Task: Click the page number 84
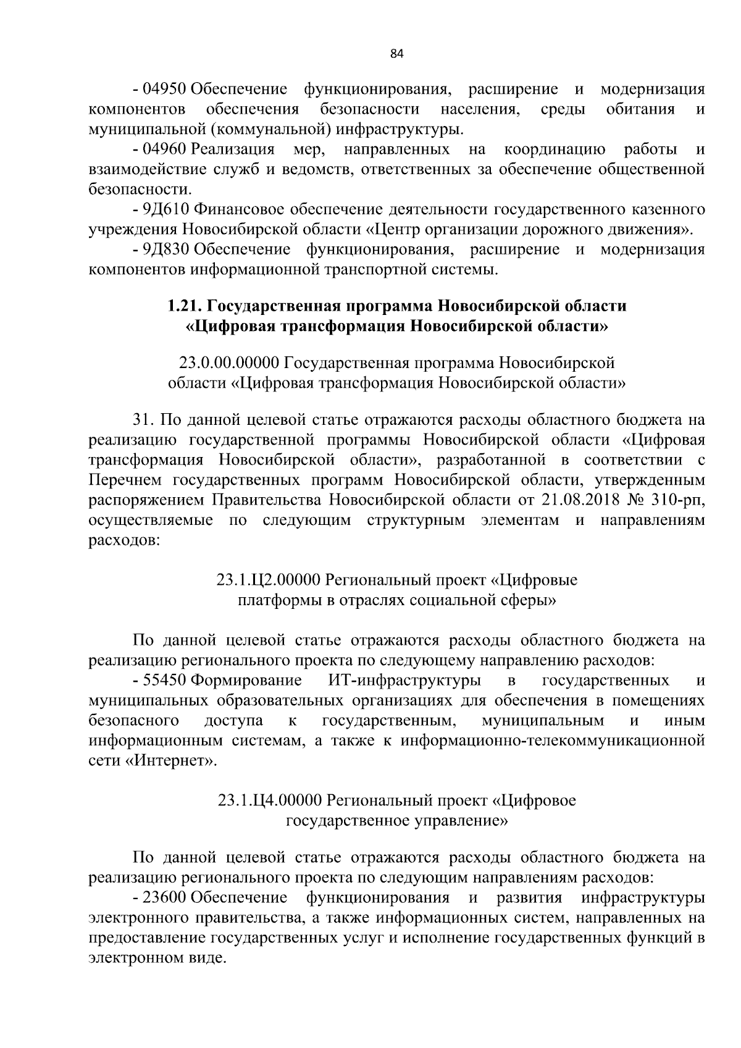coord(396,54)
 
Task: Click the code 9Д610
coord(164,209)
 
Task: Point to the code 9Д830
coord(164,249)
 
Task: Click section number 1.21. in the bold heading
coord(186,306)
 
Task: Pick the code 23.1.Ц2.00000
coord(269,580)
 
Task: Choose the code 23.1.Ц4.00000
coord(270,800)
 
